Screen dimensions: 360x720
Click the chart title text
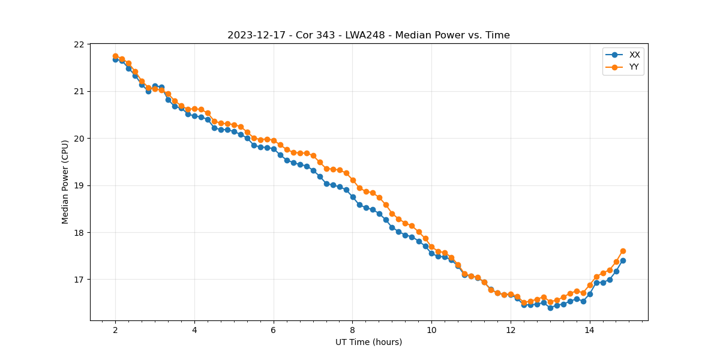(x=368, y=35)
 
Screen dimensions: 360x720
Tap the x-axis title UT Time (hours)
(x=368, y=342)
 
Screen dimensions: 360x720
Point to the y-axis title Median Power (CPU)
(x=65, y=182)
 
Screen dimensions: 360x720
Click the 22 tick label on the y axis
(x=79, y=44)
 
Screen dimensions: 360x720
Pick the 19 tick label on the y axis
(x=79, y=185)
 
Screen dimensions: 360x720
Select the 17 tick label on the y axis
(x=79, y=280)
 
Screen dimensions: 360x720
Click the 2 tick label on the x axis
(x=115, y=330)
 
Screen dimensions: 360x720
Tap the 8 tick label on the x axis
(x=353, y=330)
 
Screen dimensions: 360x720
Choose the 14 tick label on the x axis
(x=590, y=330)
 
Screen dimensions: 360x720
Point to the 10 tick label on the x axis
(x=431, y=330)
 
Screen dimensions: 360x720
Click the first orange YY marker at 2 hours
(x=115, y=56)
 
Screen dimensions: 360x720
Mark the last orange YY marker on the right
(x=623, y=251)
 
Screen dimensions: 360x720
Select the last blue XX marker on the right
(x=623, y=260)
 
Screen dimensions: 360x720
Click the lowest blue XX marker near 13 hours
(x=550, y=308)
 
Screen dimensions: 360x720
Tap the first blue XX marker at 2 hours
(x=115, y=59)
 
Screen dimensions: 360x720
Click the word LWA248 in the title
(x=364, y=35)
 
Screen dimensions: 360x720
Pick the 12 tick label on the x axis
(x=511, y=330)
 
